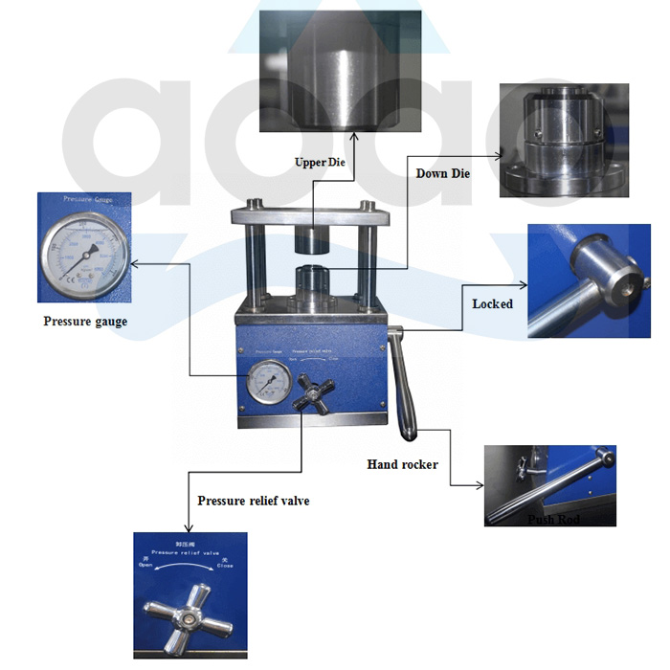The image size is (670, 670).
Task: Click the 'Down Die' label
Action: pos(442,174)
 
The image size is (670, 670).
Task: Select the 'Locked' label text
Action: pos(493,304)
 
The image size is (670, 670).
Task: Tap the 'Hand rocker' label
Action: pos(402,464)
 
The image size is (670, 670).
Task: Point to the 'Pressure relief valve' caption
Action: pos(254,501)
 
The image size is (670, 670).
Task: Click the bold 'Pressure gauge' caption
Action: pos(85,322)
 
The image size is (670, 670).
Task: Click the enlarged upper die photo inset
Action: pos(341,71)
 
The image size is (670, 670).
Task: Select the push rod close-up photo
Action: pos(549,485)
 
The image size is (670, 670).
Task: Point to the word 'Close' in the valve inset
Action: pos(225,567)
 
